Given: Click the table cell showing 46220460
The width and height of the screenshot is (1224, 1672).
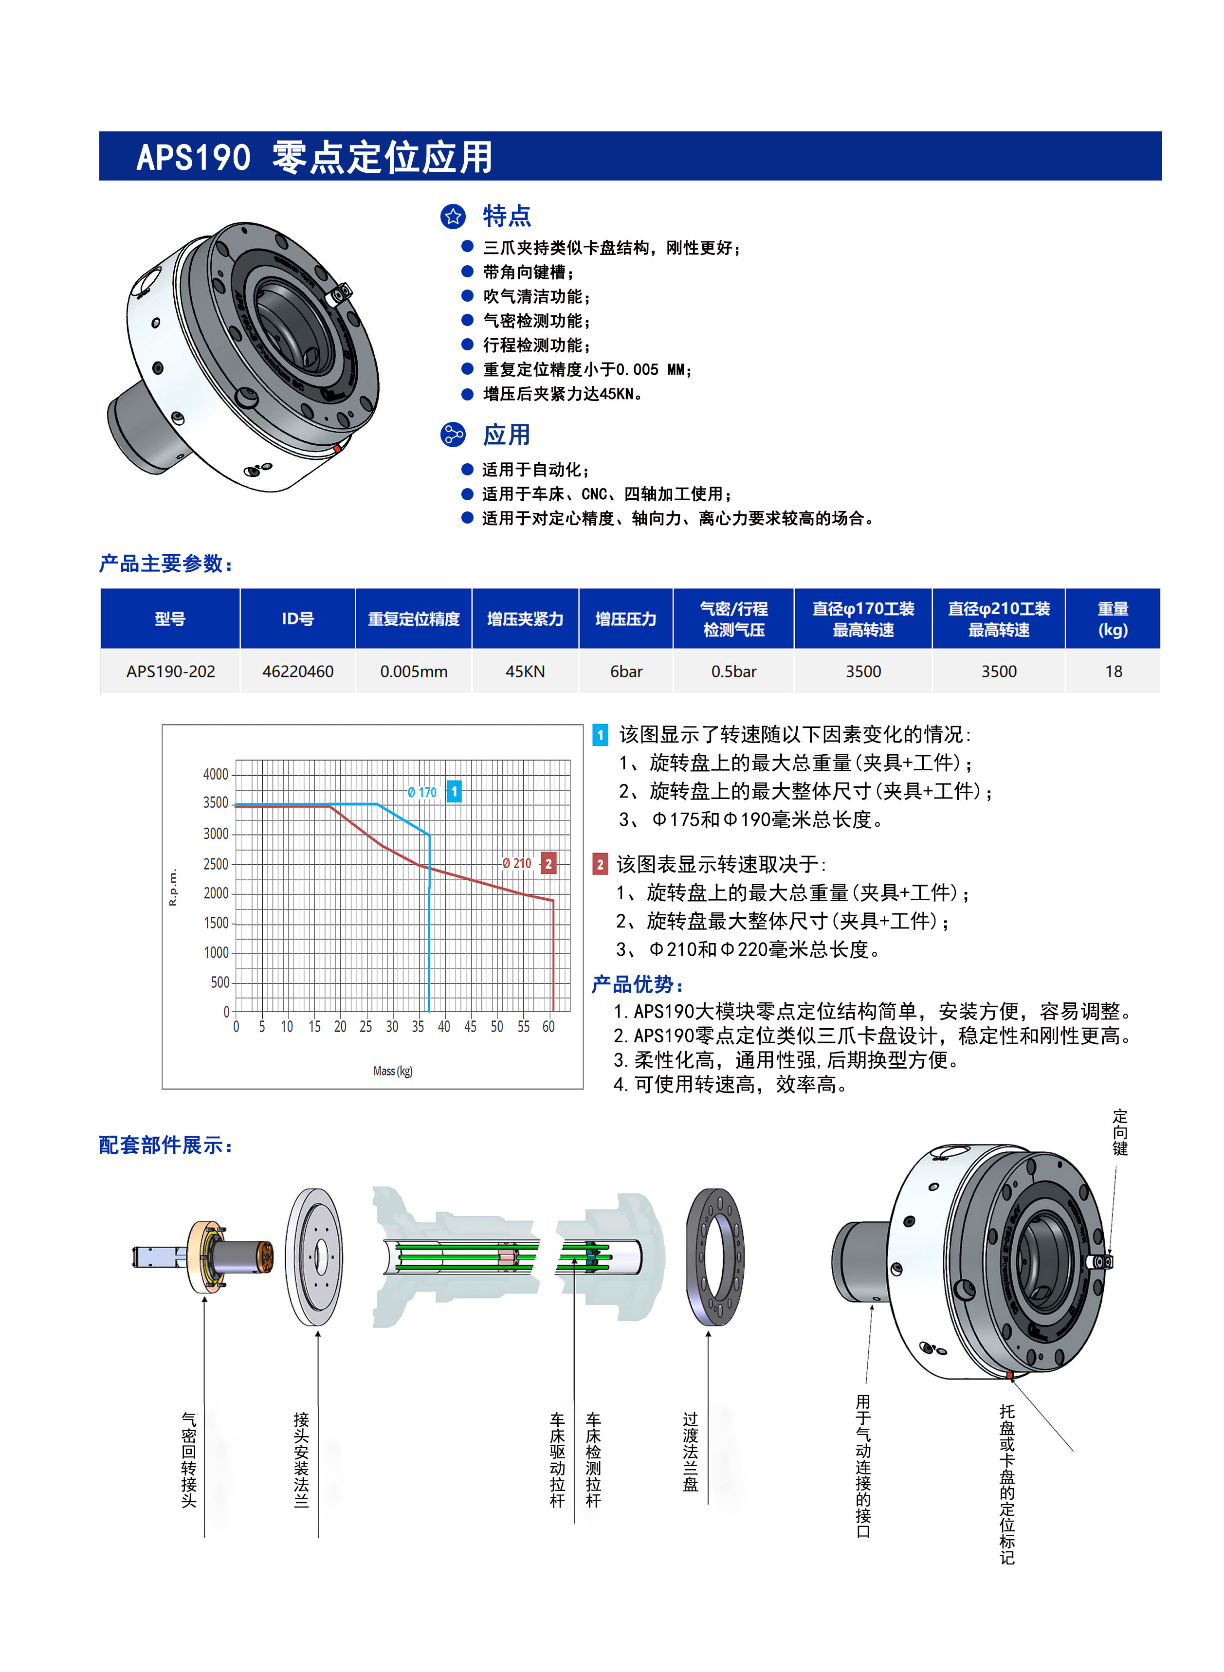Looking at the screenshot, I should pyautogui.click(x=298, y=671).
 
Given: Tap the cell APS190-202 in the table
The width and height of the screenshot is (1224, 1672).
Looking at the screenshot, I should pyautogui.click(x=170, y=671).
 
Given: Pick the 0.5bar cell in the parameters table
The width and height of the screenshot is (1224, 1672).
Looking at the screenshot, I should pyautogui.click(x=733, y=671).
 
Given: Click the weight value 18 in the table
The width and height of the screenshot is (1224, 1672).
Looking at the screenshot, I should pyautogui.click(x=1113, y=671).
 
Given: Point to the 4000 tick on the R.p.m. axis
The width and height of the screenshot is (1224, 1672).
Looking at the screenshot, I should pyautogui.click(x=216, y=774).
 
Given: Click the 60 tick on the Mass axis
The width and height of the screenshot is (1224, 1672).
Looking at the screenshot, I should pyautogui.click(x=548, y=1027).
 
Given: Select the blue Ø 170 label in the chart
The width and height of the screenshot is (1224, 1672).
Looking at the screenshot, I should pyautogui.click(x=421, y=792).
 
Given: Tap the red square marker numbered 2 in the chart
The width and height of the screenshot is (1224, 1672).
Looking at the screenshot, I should pyautogui.click(x=548, y=864).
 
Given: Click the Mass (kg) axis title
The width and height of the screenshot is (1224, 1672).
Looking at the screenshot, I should pyautogui.click(x=393, y=1071).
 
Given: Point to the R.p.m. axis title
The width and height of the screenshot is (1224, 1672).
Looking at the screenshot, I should pyautogui.click(x=173, y=887).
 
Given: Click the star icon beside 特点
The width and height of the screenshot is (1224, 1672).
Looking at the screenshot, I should pyautogui.click(x=453, y=217).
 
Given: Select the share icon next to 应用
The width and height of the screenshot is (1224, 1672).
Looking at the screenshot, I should pyautogui.click(x=453, y=435).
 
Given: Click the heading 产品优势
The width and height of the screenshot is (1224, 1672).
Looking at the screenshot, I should pyautogui.click(x=637, y=984).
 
